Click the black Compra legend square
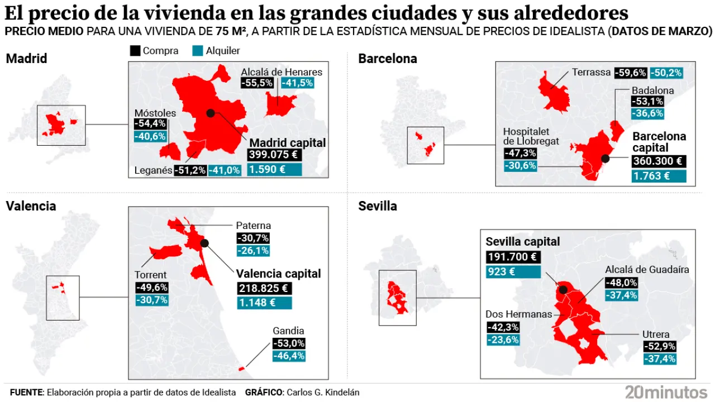(x=135, y=51)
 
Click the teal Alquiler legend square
(x=198, y=51)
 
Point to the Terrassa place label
(x=591, y=72)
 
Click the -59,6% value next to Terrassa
(x=630, y=73)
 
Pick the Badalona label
(x=652, y=90)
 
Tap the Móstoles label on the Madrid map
(x=155, y=113)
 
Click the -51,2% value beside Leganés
(x=190, y=170)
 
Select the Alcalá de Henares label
(x=282, y=71)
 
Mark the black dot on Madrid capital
(x=211, y=113)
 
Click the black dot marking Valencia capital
(x=204, y=243)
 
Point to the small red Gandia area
(x=242, y=368)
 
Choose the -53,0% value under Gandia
(x=289, y=343)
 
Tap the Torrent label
(x=150, y=275)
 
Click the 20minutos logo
(x=666, y=392)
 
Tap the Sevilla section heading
(x=378, y=206)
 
